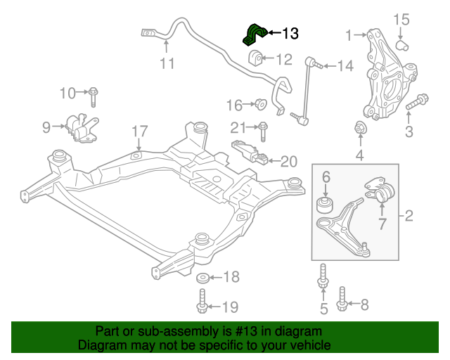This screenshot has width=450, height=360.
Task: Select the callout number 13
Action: (290, 32)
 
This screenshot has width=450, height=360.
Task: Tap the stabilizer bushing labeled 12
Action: (255, 57)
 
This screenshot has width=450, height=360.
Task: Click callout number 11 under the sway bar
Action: (166, 64)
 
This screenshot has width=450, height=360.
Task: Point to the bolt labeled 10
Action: (94, 92)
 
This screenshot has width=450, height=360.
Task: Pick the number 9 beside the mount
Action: (46, 127)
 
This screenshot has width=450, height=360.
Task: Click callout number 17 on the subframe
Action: (139, 131)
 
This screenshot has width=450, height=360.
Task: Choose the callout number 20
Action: (289, 162)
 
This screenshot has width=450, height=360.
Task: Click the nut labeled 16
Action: (259, 105)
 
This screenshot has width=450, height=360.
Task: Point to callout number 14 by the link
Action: (345, 66)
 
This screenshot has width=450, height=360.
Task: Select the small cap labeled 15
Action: (402, 45)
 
